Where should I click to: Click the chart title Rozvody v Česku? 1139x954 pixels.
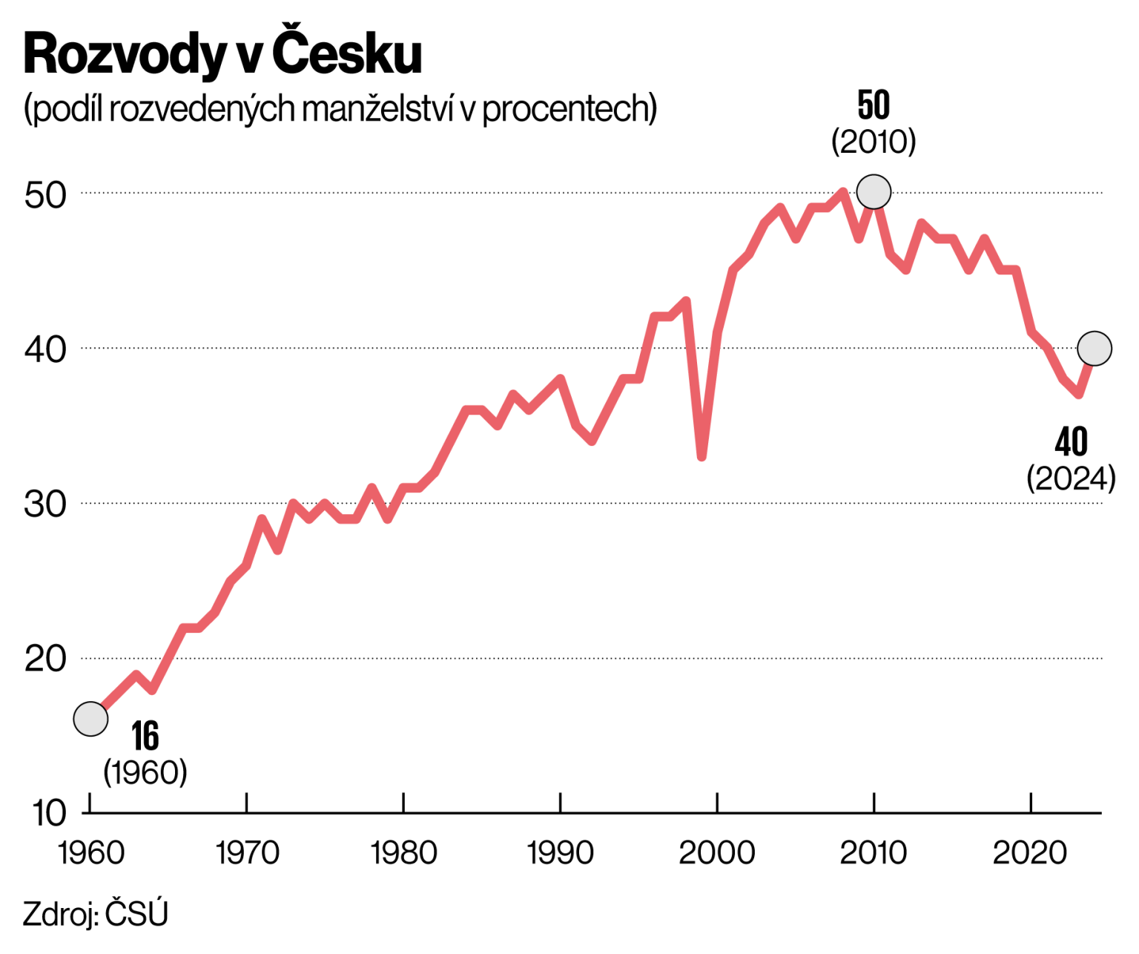click(222, 54)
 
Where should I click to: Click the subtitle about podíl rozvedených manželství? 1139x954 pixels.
click(340, 109)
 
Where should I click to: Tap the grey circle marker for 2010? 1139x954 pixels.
click(874, 192)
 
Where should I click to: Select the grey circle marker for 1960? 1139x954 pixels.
click(90, 718)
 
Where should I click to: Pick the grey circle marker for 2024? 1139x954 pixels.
click(1095, 348)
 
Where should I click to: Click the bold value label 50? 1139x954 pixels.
click(874, 105)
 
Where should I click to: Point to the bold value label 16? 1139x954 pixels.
click(145, 736)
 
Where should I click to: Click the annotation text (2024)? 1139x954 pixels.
click(1071, 478)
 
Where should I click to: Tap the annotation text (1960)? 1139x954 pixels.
click(145, 772)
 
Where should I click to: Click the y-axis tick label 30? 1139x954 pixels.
click(45, 504)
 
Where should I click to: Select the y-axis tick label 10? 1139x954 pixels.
click(49, 814)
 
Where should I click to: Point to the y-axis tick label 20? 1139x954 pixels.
click(45, 659)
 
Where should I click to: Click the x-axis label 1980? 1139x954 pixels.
click(403, 853)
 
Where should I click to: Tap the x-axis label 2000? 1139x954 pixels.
click(717, 853)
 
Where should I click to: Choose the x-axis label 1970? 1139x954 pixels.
click(247, 853)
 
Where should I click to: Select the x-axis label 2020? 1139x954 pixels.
click(1030, 853)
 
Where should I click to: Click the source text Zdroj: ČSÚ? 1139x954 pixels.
click(96, 914)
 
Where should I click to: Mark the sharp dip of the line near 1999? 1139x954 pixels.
click(701, 455)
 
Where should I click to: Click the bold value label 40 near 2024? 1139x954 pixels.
click(1071, 442)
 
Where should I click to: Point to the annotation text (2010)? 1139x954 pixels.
click(874, 142)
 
